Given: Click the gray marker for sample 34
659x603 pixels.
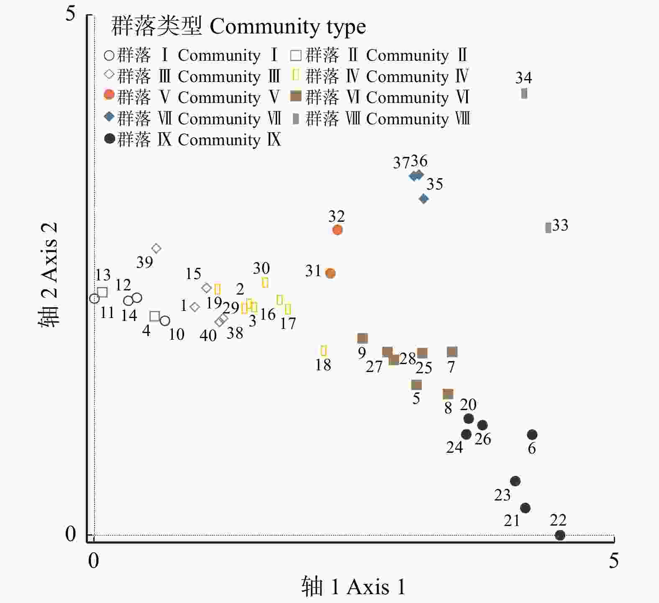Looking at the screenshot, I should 524,93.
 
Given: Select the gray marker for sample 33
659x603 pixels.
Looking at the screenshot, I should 548,228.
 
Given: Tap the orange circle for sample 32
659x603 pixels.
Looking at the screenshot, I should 338,230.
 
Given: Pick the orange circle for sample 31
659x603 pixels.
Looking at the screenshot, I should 331,273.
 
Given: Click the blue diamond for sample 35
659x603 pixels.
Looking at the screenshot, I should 424,199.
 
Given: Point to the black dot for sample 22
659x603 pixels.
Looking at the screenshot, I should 560,535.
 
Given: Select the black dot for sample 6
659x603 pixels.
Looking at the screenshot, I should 532,435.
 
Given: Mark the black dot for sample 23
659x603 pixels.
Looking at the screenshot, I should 515,481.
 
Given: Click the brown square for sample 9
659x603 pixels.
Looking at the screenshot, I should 363,338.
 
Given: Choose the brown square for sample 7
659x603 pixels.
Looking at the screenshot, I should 452,352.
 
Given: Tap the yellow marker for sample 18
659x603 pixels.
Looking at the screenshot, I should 323,350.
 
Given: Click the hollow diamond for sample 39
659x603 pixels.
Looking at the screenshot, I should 156,249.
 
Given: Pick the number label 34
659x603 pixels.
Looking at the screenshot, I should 523,78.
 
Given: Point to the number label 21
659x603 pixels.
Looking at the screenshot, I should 512,521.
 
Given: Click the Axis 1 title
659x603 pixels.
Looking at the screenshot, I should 354,586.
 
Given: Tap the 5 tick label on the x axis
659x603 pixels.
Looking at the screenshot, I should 613,561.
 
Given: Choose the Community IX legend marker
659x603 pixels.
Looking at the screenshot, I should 110,139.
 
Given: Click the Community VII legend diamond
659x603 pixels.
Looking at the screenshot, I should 110,117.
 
